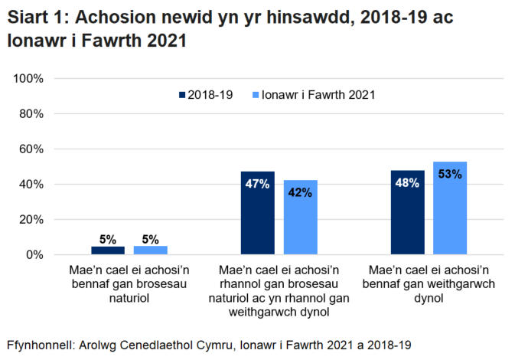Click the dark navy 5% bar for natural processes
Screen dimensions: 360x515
point(108,250)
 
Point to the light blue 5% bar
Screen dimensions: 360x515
point(150,250)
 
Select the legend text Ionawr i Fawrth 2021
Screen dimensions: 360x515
point(318,96)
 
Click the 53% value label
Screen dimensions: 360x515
point(450,174)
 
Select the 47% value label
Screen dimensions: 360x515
point(257,184)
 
